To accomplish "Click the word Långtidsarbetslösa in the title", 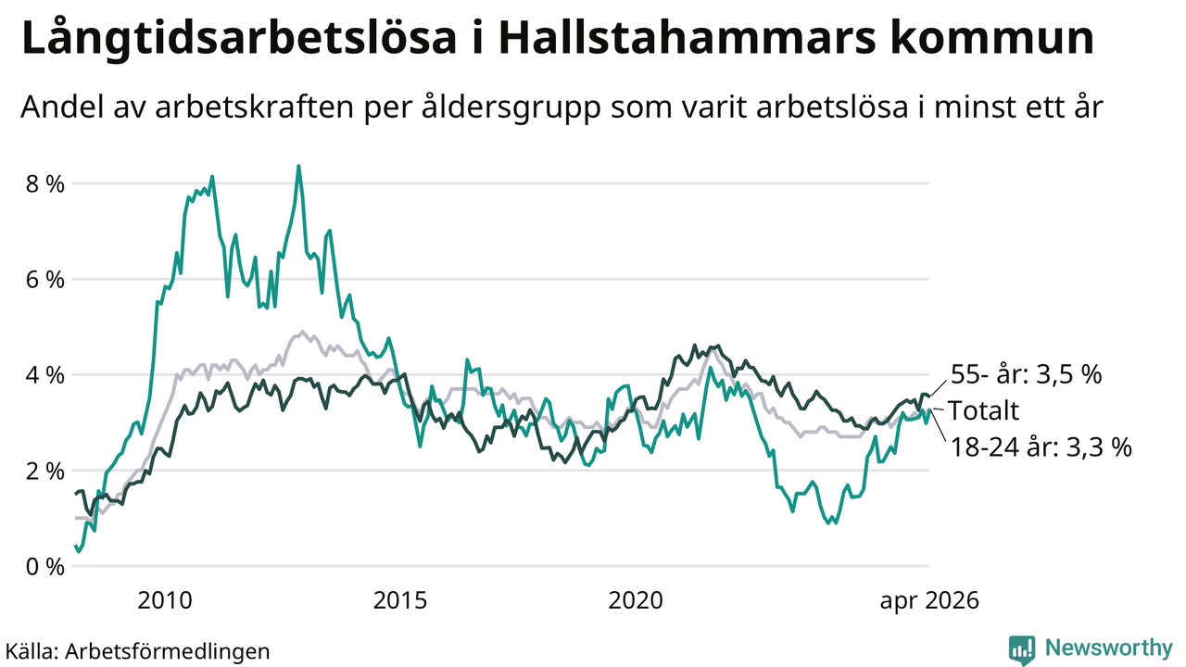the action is coord(239,40).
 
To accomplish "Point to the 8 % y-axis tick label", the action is coord(45,184).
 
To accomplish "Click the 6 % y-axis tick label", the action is coord(45,280).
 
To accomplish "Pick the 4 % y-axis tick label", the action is coord(45,375).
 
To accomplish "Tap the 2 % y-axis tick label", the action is coord(45,471).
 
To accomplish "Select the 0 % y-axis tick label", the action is coord(45,566).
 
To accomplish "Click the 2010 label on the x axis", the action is coord(164,601).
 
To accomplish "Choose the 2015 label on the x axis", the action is coord(399,601).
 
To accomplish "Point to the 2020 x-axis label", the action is coord(636,601).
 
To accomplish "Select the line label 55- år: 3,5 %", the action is coord(1026,374).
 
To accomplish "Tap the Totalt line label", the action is coord(983,410).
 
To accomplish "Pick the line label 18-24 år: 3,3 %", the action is coord(1041,447).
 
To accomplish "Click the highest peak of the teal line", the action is coord(298,166).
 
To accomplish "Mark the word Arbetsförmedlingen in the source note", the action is coord(168,651).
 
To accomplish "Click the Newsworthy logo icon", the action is coord(1022,650).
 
